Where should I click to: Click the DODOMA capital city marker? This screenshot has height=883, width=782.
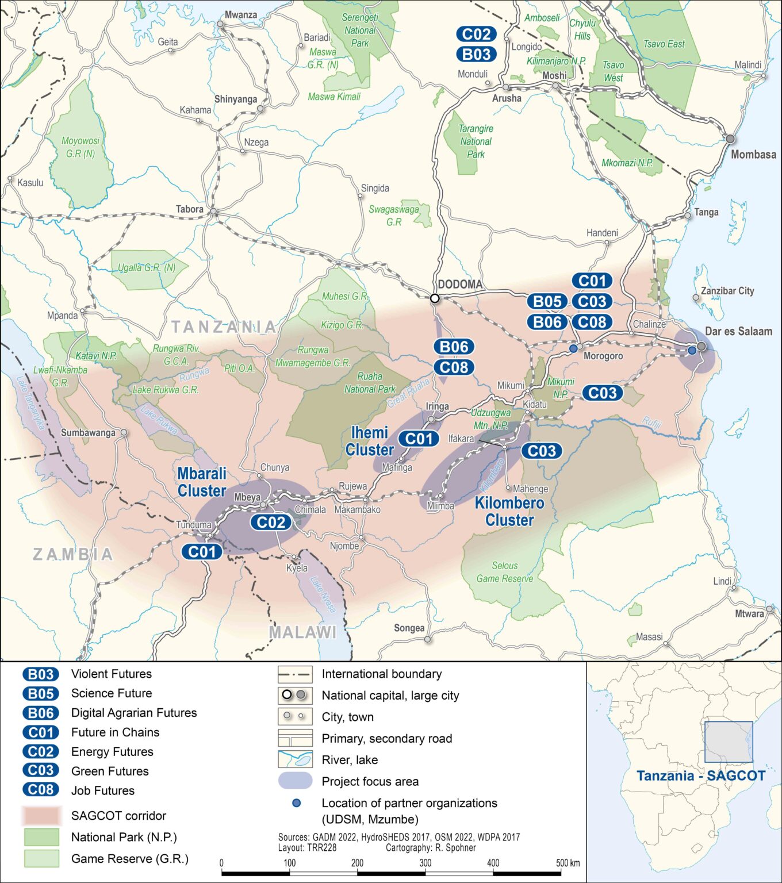click(435, 298)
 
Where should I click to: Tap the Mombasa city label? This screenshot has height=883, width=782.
click(753, 155)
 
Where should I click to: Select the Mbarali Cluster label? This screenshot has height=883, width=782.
click(201, 482)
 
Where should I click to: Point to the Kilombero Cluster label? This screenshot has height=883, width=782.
click(509, 512)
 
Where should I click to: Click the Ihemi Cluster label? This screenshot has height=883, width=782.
click(370, 441)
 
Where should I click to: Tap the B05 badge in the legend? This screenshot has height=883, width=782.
click(41, 693)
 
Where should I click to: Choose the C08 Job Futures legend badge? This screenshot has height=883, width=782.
click(41, 790)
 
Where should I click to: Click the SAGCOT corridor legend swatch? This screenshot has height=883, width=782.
click(41, 816)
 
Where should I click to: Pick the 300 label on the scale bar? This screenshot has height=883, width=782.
click(425, 863)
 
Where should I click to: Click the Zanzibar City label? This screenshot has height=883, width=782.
click(727, 291)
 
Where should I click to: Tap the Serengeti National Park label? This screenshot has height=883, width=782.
click(360, 30)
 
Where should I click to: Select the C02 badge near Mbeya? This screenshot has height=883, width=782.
click(271, 522)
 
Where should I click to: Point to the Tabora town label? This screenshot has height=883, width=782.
click(190, 209)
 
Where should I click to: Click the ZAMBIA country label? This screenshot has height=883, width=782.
click(73, 554)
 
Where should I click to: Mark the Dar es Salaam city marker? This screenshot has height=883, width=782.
click(701, 347)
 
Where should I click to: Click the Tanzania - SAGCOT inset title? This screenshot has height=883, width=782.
click(700, 775)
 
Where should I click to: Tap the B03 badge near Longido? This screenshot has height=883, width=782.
click(476, 55)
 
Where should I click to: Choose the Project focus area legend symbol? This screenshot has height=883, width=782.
click(295, 781)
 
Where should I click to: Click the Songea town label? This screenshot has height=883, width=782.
click(409, 628)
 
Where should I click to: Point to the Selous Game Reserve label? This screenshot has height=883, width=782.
click(504, 572)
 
